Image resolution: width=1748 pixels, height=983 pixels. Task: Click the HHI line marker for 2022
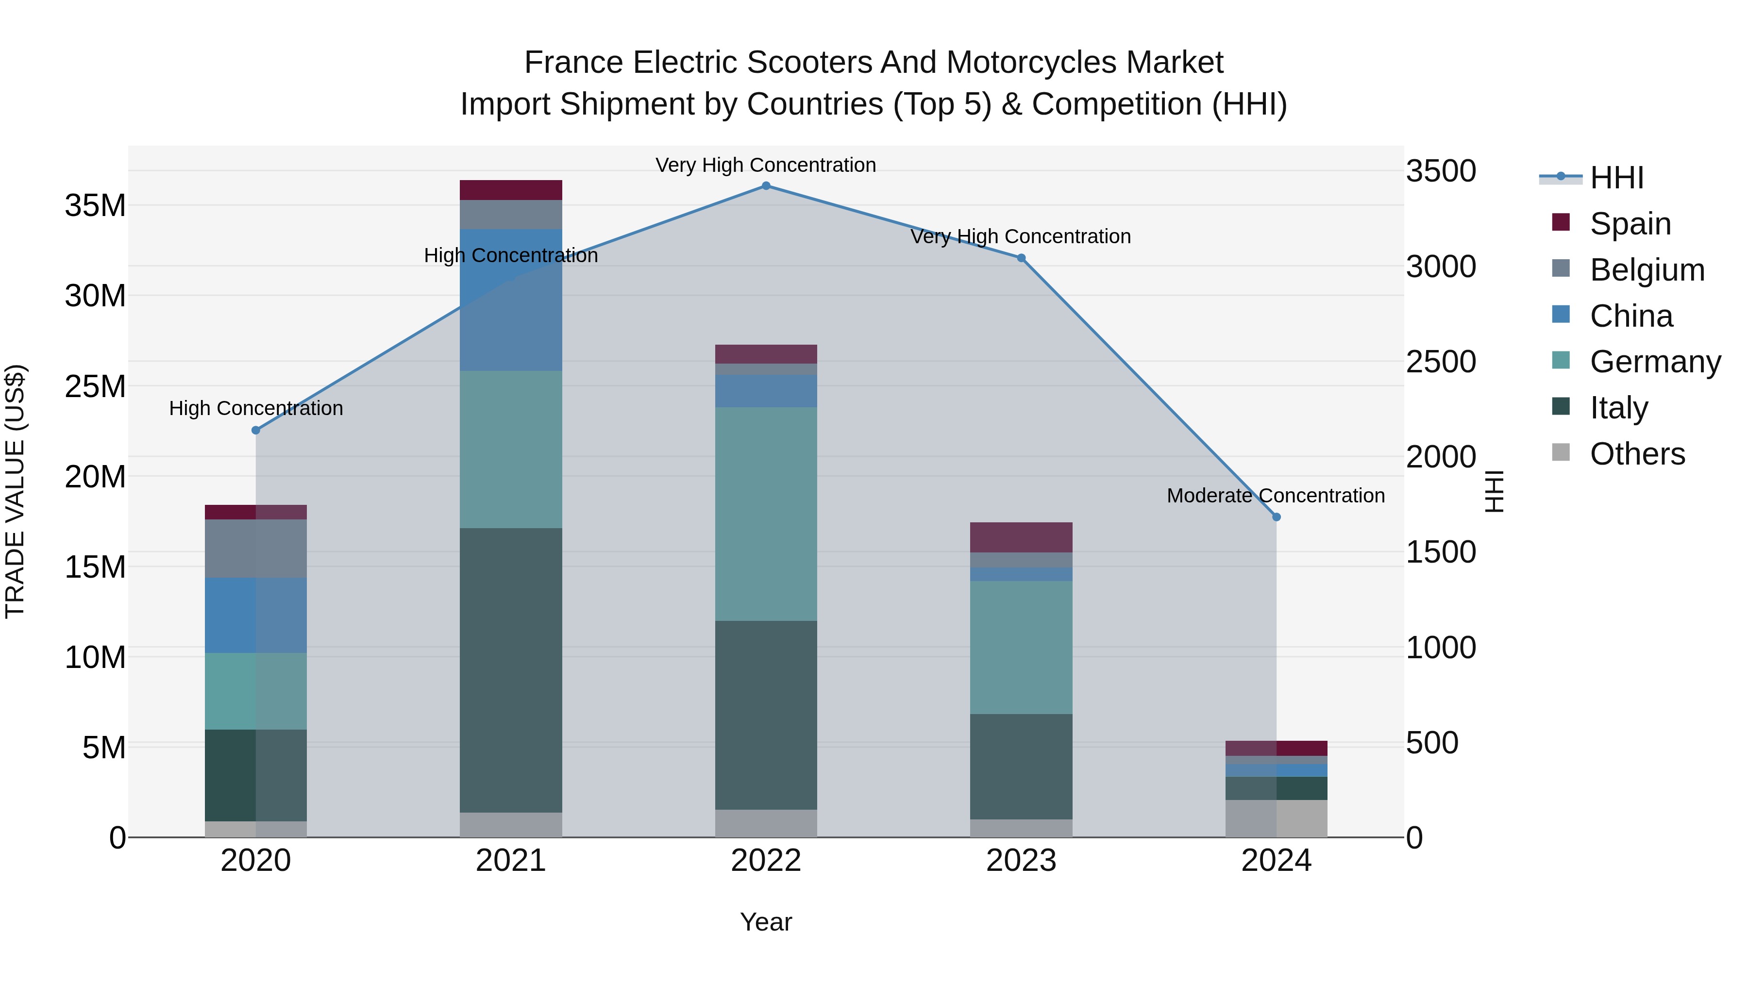[x=766, y=186]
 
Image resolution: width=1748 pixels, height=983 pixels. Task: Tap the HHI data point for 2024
[x=1277, y=517]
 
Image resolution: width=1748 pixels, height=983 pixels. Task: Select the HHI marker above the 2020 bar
[x=256, y=430]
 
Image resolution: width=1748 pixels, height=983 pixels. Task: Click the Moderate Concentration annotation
[x=1276, y=496]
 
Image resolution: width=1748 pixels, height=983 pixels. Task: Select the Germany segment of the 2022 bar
[x=766, y=514]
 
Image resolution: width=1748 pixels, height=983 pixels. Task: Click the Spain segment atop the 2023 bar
[x=1021, y=537]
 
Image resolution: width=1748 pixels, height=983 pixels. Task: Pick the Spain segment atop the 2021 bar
[x=511, y=190]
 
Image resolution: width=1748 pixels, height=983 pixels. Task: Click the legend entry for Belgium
[x=1647, y=270]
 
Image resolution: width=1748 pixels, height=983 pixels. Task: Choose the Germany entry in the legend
[x=1655, y=362]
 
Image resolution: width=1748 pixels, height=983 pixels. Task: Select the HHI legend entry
[x=1616, y=178]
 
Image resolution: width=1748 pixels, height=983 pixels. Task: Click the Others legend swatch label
[x=1637, y=454]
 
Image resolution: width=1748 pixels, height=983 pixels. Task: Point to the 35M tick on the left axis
[x=96, y=205]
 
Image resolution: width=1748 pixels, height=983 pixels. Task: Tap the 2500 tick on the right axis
[x=1441, y=362]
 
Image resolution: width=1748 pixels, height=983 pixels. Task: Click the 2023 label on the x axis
[x=1021, y=861]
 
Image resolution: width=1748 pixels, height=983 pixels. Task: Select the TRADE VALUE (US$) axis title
[x=15, y=491]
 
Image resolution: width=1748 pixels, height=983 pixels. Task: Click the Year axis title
[x=766, y=922]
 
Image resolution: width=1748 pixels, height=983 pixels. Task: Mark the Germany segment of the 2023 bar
[x=1021, y=647]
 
